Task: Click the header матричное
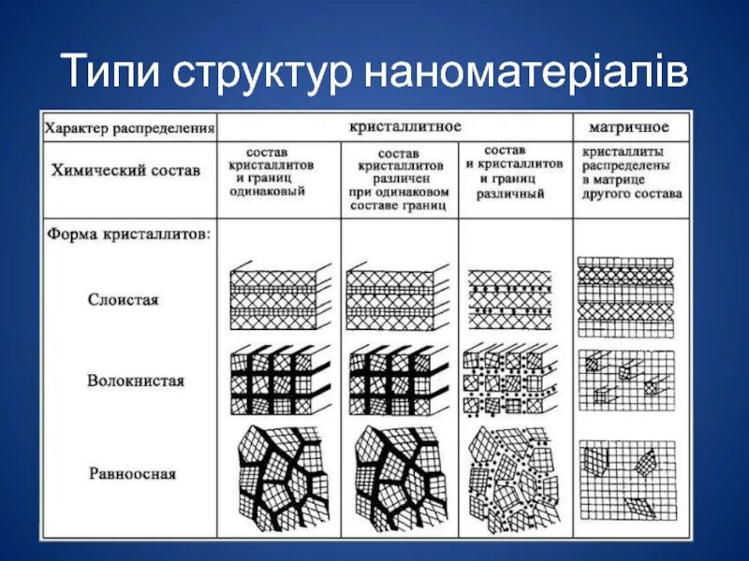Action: tap(628, 126)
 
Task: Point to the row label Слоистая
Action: tap(124, 300)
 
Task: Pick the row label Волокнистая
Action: tap(136, 381)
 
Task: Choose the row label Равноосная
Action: tap(132, 473)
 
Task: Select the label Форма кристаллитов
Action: tap(129, 234)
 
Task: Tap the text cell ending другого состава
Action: tap(631, 172)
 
